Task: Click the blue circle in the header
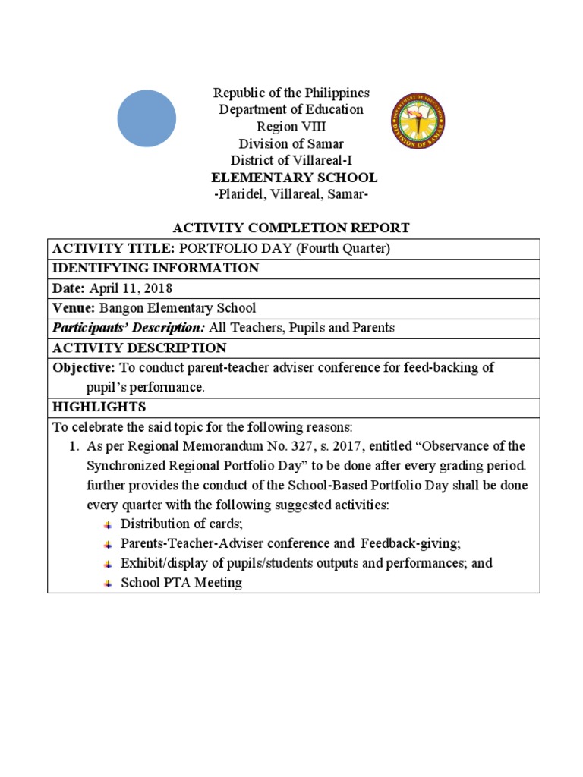147,118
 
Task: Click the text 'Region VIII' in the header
291,126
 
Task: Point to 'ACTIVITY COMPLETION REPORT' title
291,228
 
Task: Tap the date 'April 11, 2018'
131,288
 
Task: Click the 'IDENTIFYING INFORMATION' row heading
155,268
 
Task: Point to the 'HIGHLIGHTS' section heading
99,407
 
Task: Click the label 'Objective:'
84,367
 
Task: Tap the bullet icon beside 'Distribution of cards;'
107,524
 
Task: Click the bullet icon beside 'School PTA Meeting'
107,584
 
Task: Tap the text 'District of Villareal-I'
291,160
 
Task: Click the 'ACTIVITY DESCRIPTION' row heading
139,348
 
